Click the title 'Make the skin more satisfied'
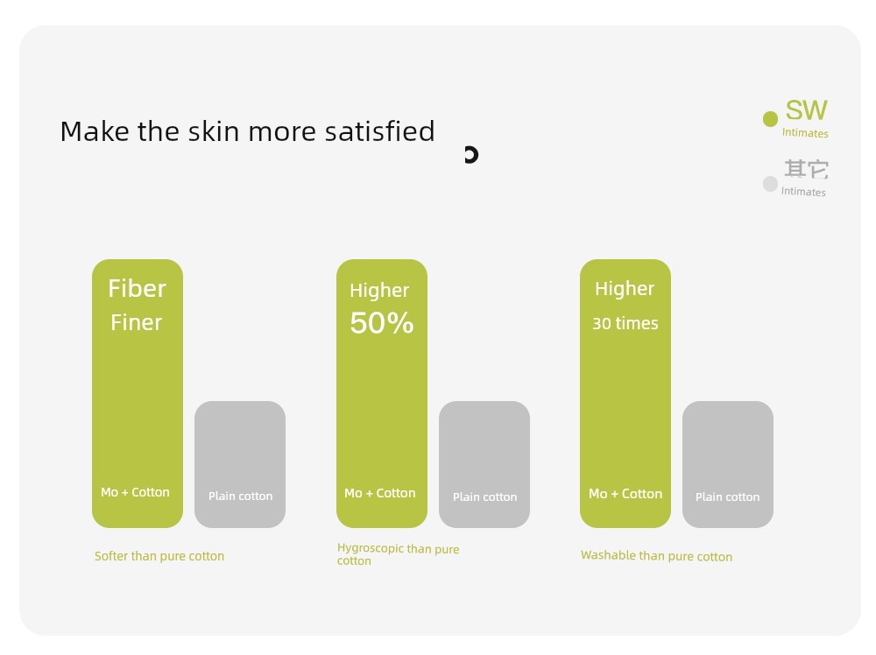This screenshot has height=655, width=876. pos(247,131)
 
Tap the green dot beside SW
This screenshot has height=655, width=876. pos(770,119)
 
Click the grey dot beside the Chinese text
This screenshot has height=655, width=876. pos(770,184)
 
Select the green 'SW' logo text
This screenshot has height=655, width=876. pos(806,110)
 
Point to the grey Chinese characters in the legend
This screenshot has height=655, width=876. pos(806,169)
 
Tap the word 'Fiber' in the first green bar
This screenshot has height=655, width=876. pos(137,289)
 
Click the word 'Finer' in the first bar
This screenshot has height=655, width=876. pos(137,323)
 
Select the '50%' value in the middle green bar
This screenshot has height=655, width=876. pos(382,323)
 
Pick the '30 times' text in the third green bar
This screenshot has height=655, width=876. pos(625,323)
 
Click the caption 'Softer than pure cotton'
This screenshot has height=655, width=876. pos(159,556)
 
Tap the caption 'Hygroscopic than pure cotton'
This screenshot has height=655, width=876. pos(398,554)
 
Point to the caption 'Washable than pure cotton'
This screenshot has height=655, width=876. pos(656,555)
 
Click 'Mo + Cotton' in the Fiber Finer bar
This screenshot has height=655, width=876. pos(135,492)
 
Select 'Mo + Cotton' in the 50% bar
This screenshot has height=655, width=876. pos(380,493)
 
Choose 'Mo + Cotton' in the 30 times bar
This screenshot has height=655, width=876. pos(625,494)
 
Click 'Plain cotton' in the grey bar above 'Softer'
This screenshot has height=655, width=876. pos(240,496)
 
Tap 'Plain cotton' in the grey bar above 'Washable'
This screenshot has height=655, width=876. pos(727,497)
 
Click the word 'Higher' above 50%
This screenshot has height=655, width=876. pos(379,291)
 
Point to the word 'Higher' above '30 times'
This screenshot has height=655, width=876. pos(625,289)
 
